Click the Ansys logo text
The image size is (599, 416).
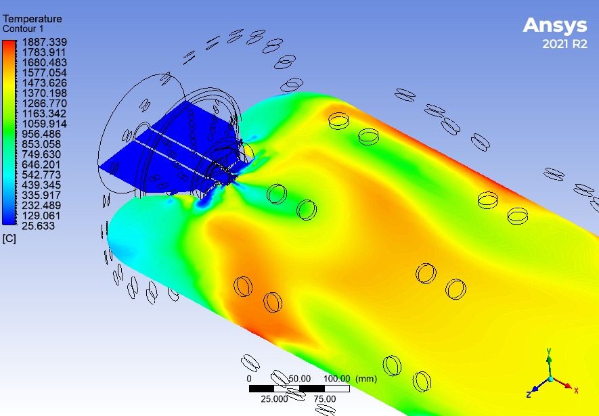554,26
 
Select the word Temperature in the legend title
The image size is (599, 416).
32,20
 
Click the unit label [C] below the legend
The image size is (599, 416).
9,239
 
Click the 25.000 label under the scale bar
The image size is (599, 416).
275,399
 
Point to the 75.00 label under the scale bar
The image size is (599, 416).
325,399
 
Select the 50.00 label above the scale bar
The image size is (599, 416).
299,378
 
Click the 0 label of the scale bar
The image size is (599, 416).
249,378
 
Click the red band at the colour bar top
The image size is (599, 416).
9,45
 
